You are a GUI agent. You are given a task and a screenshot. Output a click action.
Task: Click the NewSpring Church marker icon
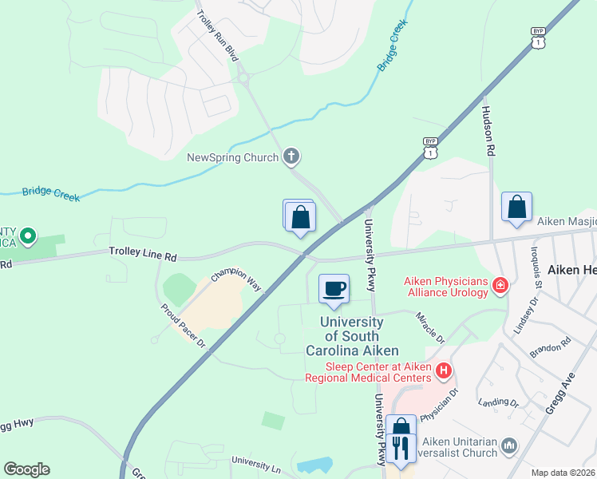coord(291,156)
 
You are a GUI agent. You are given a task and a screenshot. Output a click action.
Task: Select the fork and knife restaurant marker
coord(401,448)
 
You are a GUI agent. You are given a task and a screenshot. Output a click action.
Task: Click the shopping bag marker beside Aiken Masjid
coord(516,207)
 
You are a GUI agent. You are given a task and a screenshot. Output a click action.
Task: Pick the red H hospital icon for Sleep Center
coord(444,370)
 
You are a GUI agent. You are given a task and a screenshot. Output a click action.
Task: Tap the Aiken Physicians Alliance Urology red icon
coord(500,285)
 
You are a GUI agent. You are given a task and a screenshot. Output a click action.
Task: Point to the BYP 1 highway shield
coord(431,146)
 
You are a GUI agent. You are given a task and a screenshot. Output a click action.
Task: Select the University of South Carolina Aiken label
coord(351,336)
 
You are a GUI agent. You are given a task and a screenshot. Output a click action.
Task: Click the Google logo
coord(26,469)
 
